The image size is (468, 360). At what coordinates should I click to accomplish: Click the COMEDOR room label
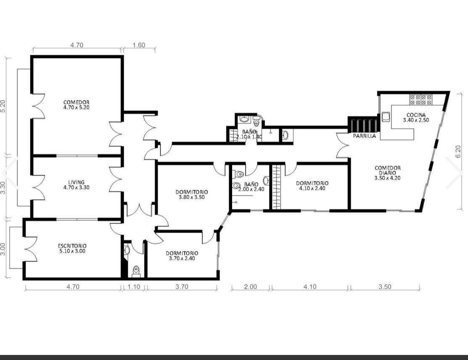77,102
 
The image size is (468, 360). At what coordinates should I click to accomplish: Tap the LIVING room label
77,182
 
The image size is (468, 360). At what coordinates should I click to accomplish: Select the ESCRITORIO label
72,246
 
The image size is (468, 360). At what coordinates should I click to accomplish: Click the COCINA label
416,115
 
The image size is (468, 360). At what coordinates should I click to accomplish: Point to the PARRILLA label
365,136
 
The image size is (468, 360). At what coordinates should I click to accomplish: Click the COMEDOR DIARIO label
387,170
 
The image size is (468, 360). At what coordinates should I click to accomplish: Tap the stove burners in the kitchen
421,100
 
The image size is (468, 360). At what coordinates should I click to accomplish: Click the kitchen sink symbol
385,117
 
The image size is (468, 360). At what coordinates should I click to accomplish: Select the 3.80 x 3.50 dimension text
192,197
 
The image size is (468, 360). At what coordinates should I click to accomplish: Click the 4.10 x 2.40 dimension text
312,188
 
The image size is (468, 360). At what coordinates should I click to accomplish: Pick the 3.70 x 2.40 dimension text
182,258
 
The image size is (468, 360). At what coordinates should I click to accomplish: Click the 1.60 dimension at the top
139,45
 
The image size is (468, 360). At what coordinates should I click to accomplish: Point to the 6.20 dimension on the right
458,152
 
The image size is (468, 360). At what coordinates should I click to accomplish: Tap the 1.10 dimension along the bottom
134,286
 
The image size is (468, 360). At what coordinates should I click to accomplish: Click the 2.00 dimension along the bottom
251,286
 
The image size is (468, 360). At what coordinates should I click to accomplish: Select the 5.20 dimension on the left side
3,106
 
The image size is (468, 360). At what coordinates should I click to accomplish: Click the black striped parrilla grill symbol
364,125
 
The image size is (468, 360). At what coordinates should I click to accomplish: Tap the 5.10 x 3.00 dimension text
72,251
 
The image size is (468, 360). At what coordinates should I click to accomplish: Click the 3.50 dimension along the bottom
385,286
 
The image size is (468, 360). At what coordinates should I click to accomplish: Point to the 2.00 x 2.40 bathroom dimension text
251,189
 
